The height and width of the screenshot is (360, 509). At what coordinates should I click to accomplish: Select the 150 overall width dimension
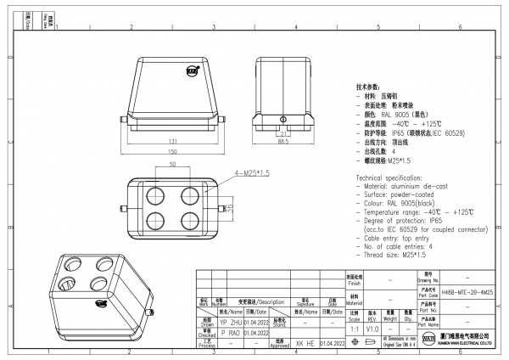(172, 153)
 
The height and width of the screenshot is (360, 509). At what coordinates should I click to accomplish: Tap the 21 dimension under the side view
(284, 134)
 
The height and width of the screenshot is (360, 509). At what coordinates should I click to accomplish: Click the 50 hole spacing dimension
(173, 164)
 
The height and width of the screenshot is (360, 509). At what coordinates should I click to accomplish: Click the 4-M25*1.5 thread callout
(252, 173)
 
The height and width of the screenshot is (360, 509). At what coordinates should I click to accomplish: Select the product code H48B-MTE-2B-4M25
(467, 291)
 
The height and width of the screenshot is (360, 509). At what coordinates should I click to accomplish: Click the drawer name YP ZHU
(230, 323)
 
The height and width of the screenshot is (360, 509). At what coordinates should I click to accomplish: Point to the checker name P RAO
(229, 334)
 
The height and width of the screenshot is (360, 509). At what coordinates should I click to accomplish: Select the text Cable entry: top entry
(400, 237)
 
